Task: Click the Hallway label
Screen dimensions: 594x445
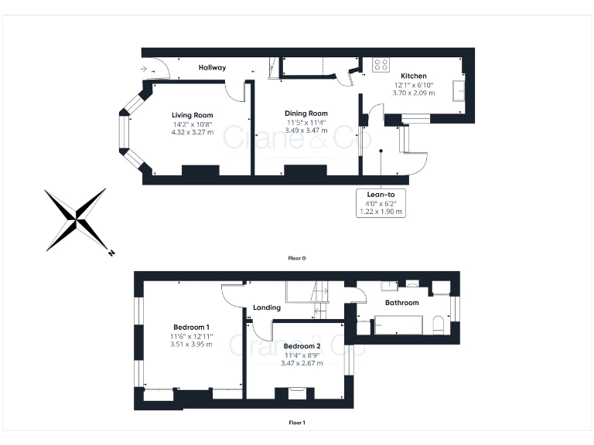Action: click(212, 68)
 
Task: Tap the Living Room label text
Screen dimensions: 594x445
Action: click(192, 115)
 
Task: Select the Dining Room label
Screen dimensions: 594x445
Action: click(306, 113)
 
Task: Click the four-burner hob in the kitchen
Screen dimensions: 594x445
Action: click(381, 64)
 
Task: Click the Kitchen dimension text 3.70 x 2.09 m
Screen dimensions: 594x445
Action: click(413, 93)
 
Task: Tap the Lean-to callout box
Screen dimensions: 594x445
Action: click(381, 202)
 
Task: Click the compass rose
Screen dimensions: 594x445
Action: click(75, 219)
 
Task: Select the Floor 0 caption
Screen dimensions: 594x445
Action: click(297, 258)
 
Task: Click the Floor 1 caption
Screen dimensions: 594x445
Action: click(297, 423)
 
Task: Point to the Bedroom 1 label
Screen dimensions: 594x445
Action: click(190, 328)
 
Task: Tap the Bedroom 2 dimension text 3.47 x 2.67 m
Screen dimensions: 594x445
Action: click(303, 363)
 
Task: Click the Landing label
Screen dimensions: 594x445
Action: click(267, 308)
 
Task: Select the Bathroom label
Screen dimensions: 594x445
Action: click(402, 303)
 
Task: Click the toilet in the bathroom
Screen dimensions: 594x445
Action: click(439, 323)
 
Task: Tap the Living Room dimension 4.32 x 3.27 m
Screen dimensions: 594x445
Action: click(192, 132)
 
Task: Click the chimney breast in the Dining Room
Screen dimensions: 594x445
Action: click(299, 170)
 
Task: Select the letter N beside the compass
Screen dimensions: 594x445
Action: click(111, 252)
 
